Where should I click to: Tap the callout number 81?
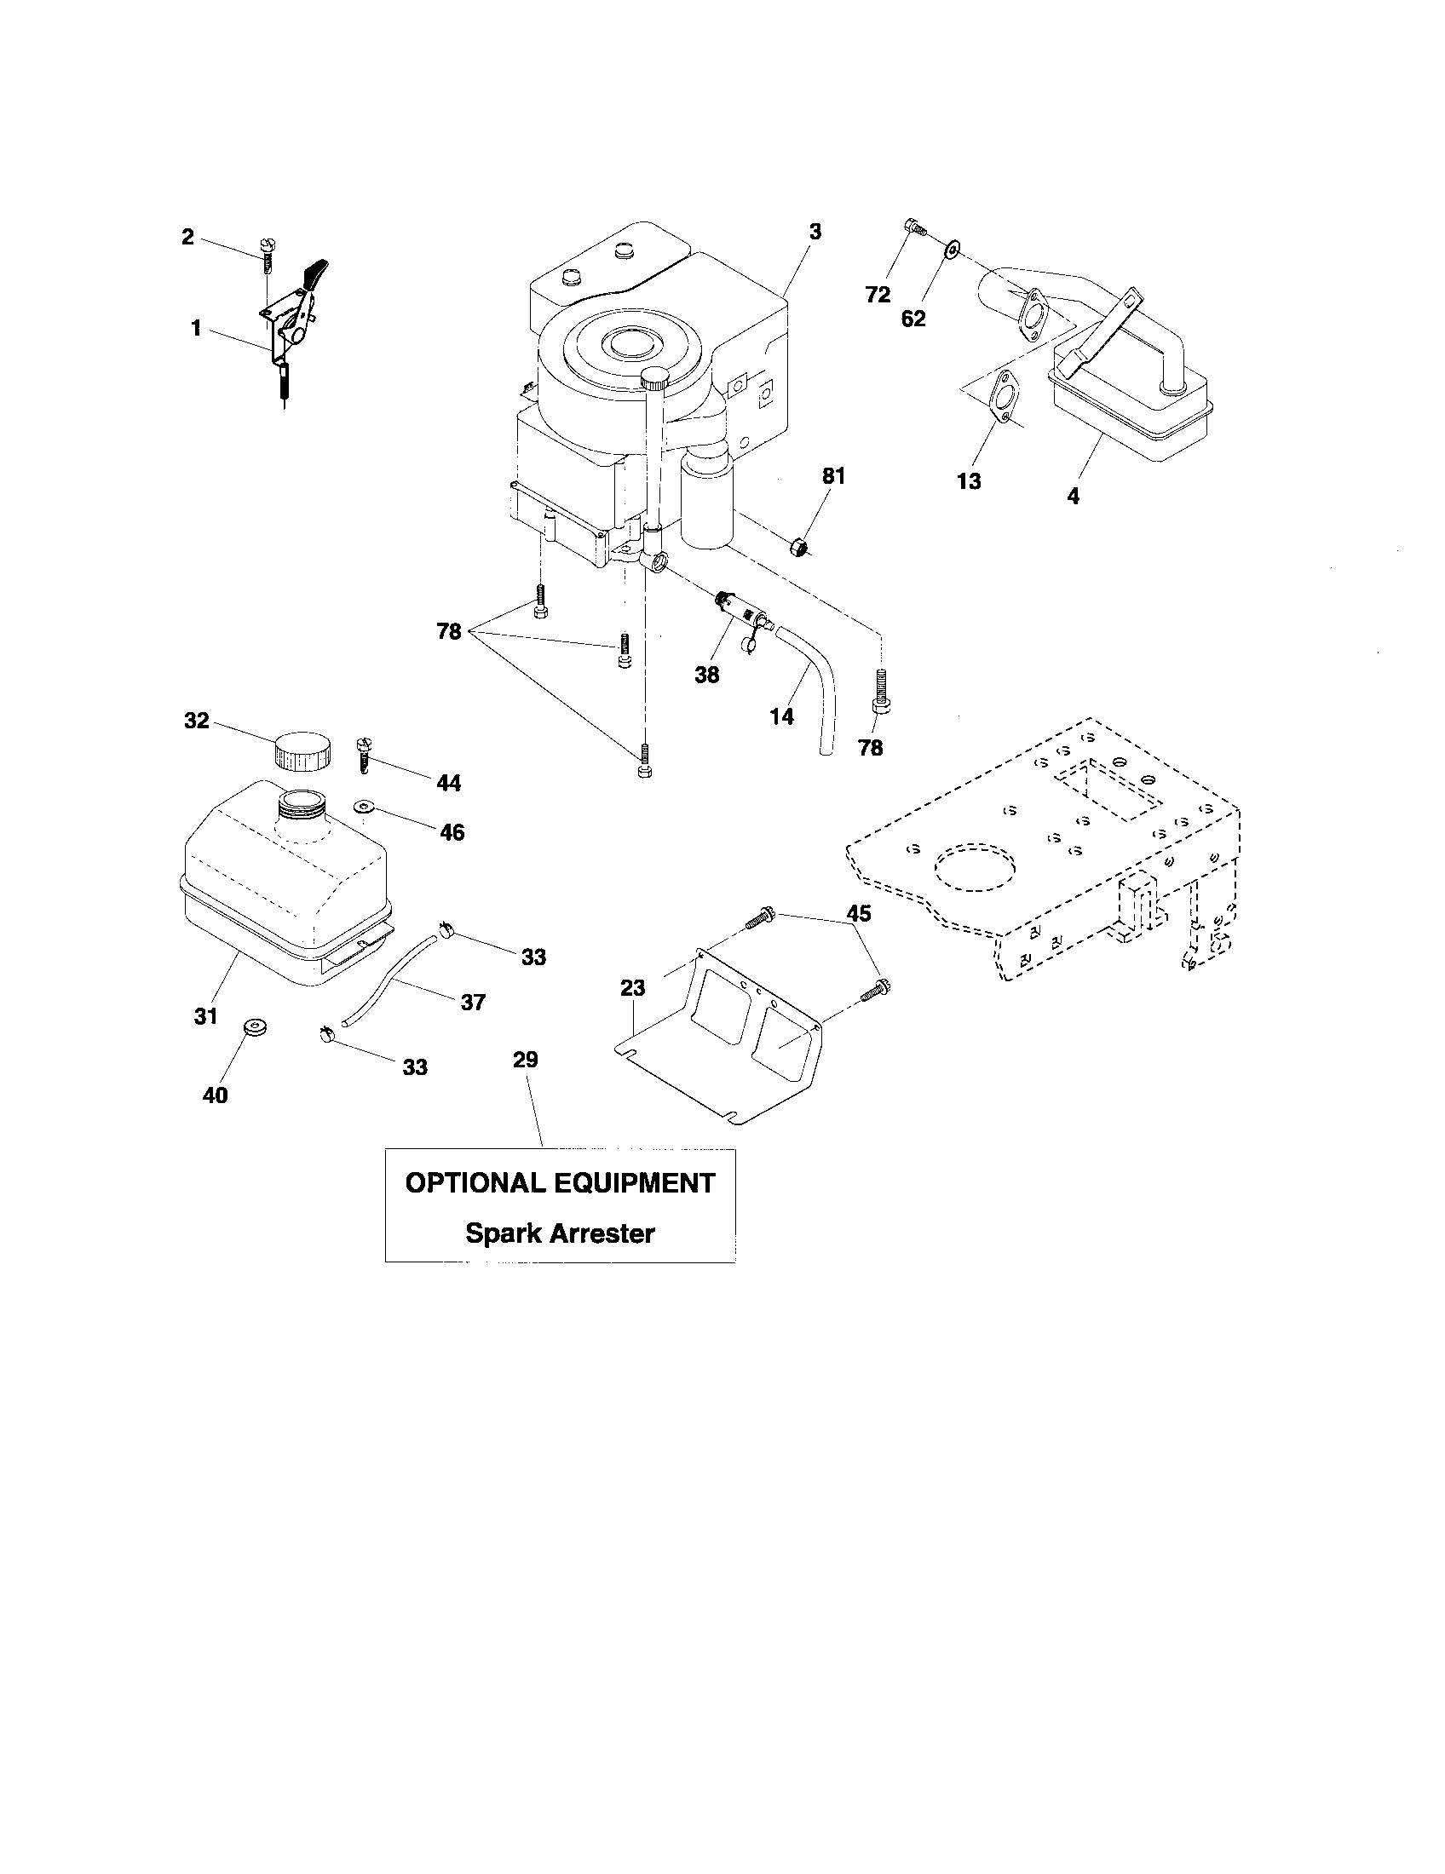(833, 476)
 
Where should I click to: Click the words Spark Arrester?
(560, 1233)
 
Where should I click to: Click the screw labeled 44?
(364, 754)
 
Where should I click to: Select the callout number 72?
(878, 295)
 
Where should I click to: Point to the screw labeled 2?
(267, 252)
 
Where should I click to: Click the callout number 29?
(525, 1060)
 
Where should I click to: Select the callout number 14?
(781, 716)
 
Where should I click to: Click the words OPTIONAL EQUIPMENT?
(560, 1183)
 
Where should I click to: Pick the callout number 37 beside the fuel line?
(473, 1002)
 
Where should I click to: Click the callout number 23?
(632, 988)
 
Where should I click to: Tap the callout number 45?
(858, 914)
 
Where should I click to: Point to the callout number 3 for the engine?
(815, 231)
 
